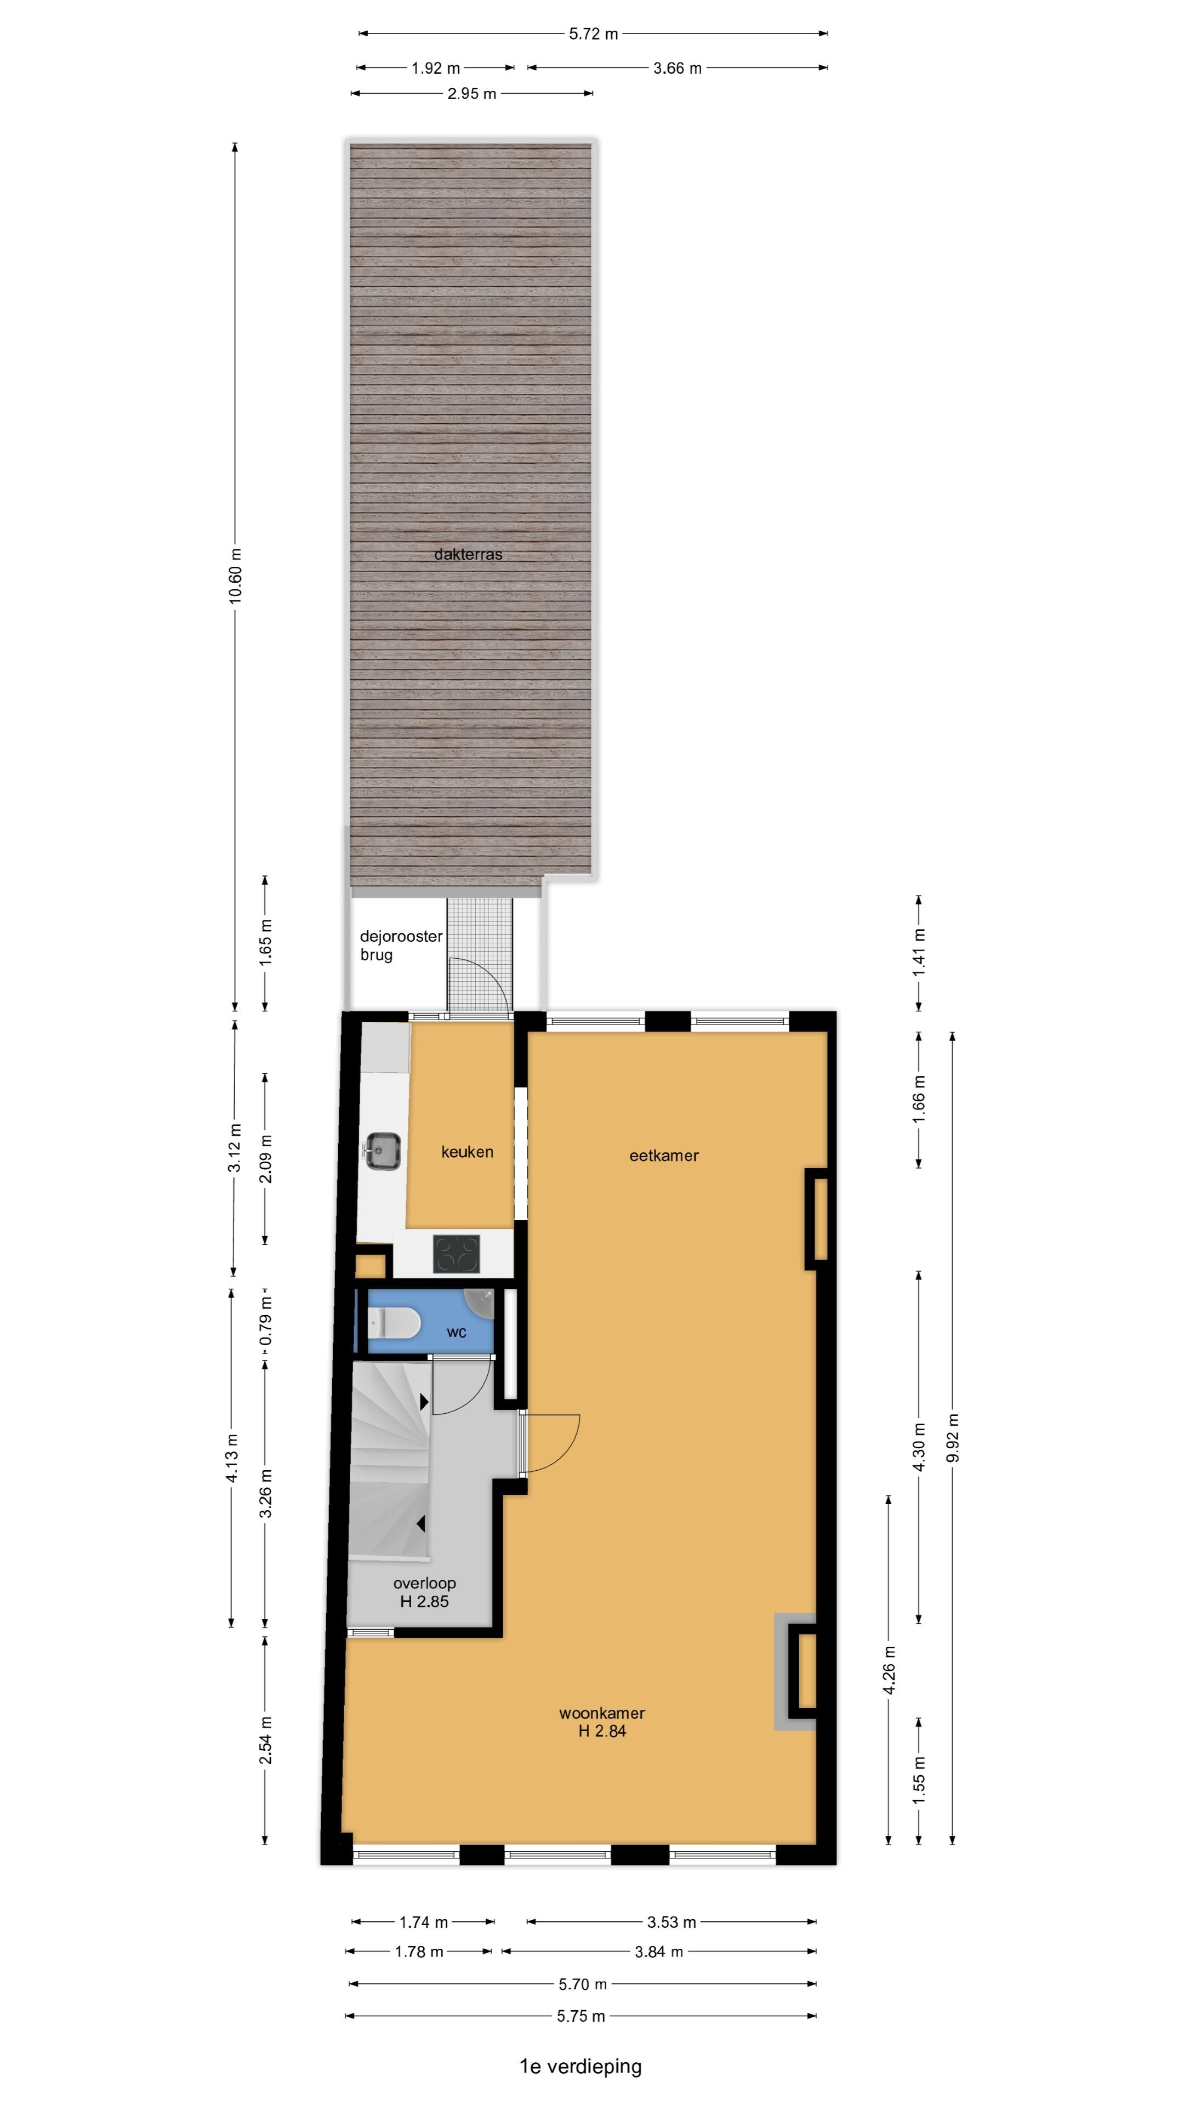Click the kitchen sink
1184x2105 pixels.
click(382, 1151)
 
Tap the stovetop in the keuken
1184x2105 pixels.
click(456, 1254)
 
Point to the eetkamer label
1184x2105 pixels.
click(663, 1156)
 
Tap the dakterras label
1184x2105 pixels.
click(468, 554)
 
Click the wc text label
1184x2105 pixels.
click(456, 1333)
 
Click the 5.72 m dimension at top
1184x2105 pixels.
click(593, 33)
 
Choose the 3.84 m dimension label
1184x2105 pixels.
click(658, 1952)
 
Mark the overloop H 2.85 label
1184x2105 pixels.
click(424, 1592)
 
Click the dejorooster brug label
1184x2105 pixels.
click(400, 946)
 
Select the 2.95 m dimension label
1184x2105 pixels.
click(471, 94)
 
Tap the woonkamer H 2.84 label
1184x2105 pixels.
click(602, 1722)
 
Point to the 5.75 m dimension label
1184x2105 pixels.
click(581, 2016)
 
